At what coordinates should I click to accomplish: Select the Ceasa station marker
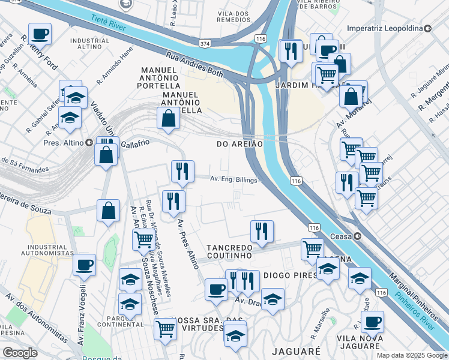point(358,236)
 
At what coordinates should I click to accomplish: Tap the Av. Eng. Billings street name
point(234,179)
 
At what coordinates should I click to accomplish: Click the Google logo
point(20,353)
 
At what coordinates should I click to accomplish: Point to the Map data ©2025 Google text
point(412,355)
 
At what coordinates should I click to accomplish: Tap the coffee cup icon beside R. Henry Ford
point(40,34)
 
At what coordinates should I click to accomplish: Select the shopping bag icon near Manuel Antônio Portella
point(168,119)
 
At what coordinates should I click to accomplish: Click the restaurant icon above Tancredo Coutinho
point(261,232)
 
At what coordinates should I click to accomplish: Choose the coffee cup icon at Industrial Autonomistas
point(85,265)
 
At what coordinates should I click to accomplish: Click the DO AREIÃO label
point(240,144)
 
